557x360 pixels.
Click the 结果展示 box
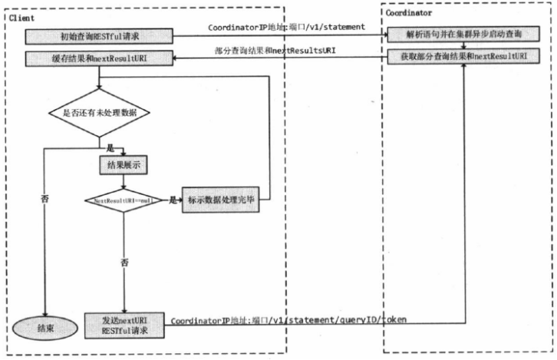click(123, 164)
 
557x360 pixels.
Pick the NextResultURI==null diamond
click(123, 200)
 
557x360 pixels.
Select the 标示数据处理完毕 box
click(221, 200)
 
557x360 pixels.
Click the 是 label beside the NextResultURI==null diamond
click(173, 200)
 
